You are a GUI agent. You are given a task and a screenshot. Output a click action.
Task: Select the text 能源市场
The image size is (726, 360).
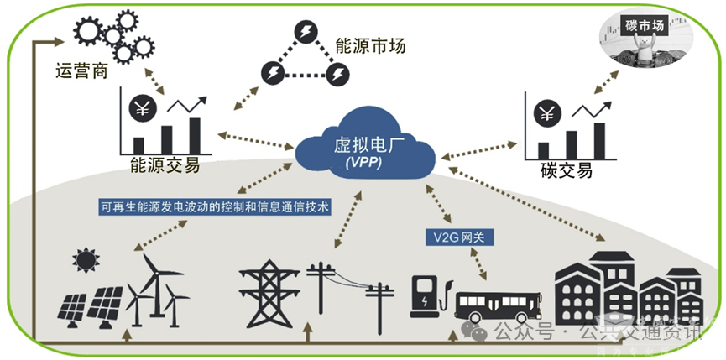click(x=369, y=45)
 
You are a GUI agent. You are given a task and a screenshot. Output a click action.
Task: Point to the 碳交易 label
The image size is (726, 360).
click(x=567, y=170)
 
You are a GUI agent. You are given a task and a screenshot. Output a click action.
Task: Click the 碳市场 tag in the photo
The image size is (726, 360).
click(x=645, y=26)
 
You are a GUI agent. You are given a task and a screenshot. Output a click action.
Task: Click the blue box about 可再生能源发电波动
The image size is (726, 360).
click(x=215, y=206)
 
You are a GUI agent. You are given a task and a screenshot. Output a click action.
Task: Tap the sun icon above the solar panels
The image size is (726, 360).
click(x=85, y=261)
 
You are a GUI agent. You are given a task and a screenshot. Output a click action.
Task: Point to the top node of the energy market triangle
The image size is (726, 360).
click(x=303, y=33)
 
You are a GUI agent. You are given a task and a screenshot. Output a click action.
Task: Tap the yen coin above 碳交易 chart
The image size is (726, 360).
click(x=549, y=112)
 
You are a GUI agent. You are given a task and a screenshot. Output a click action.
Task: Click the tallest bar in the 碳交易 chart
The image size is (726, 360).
click(x=599, y=138)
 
